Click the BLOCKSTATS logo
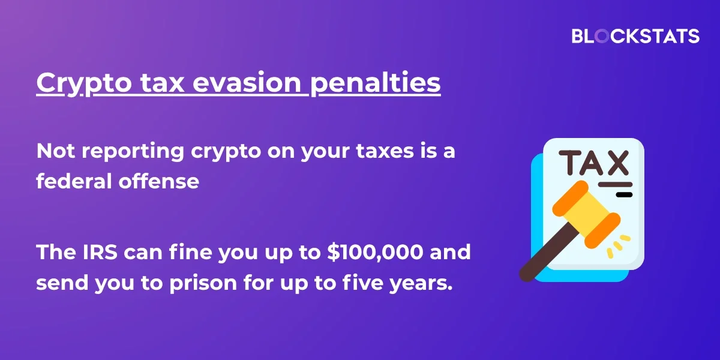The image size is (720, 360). coord(635,35)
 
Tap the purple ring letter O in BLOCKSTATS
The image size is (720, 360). coord(602,35)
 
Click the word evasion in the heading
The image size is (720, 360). coord(247,82)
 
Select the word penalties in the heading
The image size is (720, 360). coord(375,82)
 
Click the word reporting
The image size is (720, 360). coord(133,151)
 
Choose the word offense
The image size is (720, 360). coord(159,181)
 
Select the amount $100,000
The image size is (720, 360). coord(375,252)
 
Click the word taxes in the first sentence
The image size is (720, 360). coord(385,151)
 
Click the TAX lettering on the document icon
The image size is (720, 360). coord(593,163)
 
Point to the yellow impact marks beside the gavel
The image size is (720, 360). coord(619,246)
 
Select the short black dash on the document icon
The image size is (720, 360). coord(624,194)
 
